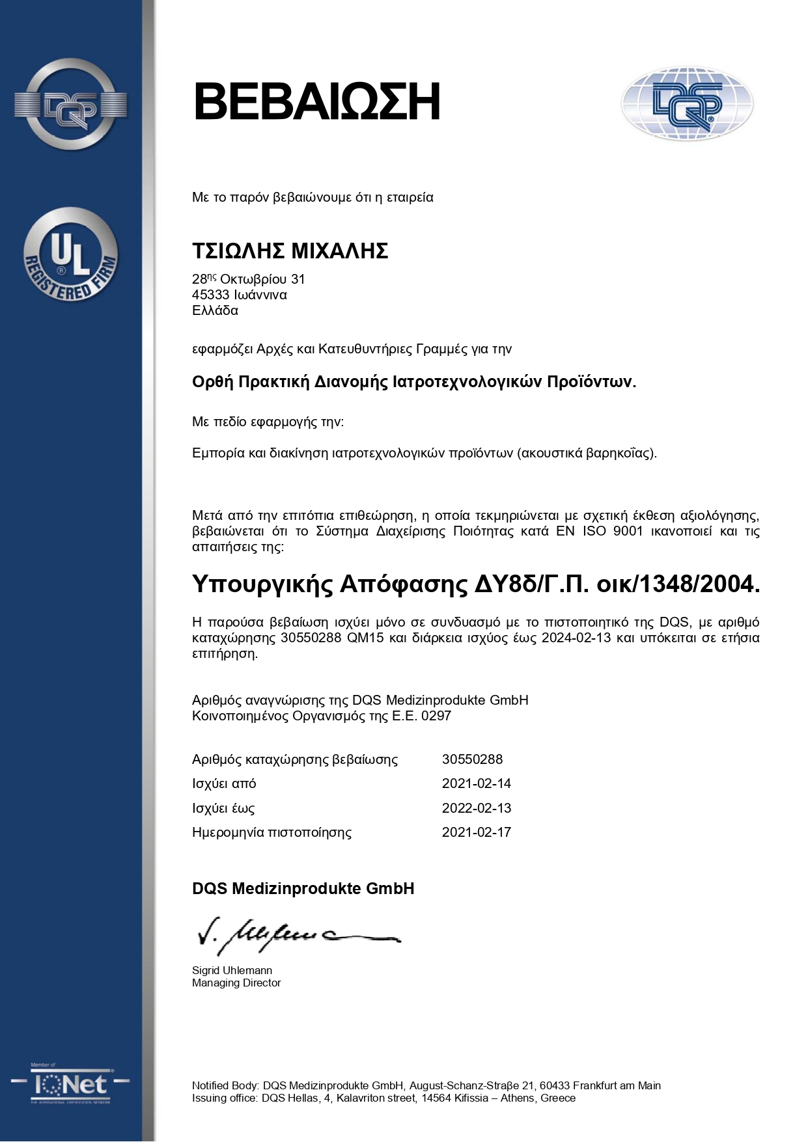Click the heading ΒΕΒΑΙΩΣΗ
click(x=316, y=102)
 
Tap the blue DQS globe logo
click(x=687, y=104)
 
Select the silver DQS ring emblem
click(x=70, y=105)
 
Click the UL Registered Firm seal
click(x=70, y=255)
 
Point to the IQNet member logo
click(x=70, y=1083)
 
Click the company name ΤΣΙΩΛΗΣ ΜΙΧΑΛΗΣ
click(x=290, y=251)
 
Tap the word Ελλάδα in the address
click(x=215, y=310)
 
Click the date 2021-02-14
click(x=477, y=783)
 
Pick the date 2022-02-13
click(x=477, y=808)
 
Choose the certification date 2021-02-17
click(x=477, y=832)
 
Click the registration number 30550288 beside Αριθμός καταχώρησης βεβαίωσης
click(x=472, y=759)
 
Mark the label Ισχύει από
click(x=224, y=783)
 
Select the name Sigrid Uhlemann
click(x=232, y=970)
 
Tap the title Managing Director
click(x=236, y=983)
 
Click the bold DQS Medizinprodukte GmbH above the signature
click(x=303, y=889)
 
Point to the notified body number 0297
click(x=436, y=716)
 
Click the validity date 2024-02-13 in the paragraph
click(x=576, y=638)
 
